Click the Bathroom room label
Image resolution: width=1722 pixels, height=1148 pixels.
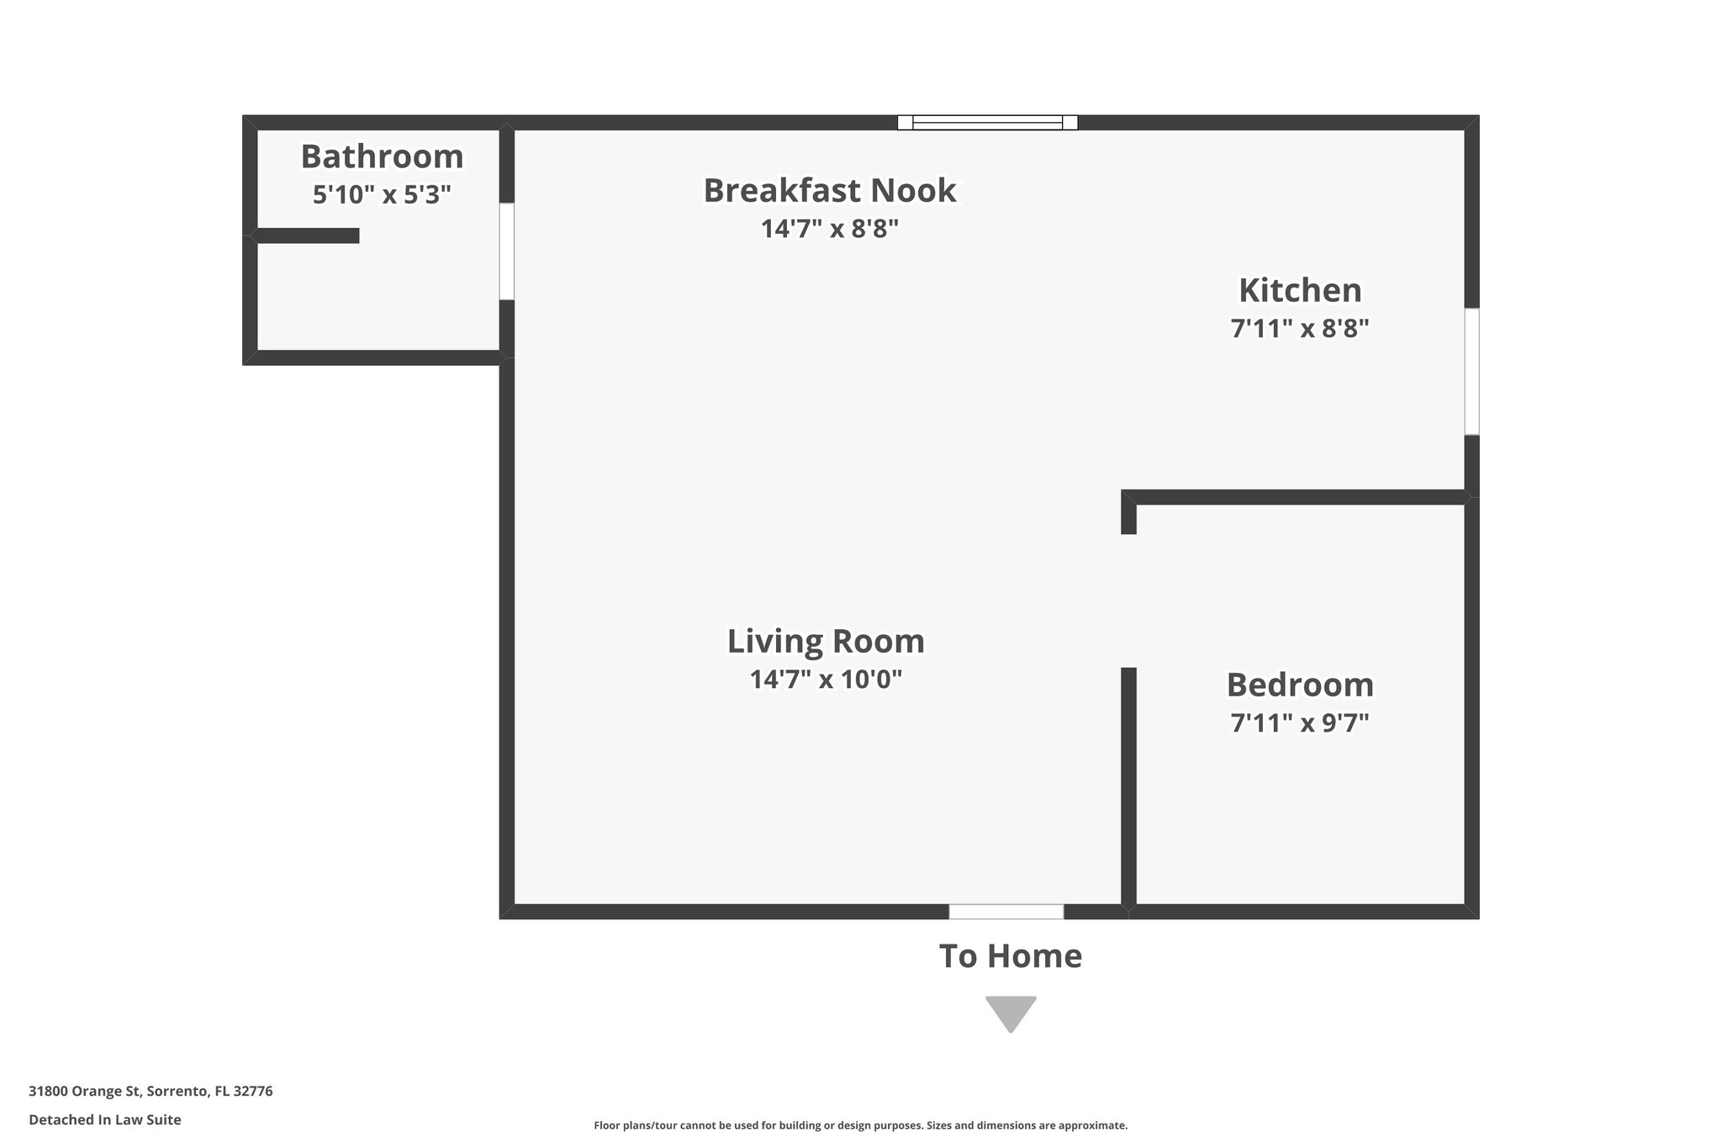pos(382,157)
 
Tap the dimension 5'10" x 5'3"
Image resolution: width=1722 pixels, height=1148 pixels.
pos(382,195)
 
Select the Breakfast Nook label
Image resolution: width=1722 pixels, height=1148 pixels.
pos(829,191)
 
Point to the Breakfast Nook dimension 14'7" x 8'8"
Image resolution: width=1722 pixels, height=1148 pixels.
pos(829,229)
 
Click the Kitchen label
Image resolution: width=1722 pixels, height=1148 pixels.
pos(1299,291)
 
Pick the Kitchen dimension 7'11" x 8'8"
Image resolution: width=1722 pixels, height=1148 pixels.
pos(1299,329)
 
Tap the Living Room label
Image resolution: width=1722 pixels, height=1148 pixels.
pos(826,642)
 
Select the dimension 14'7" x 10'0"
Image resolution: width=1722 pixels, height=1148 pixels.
pos(826,680)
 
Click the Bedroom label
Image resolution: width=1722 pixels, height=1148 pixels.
pos(1299,685)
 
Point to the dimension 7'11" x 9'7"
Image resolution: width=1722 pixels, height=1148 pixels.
pos(1299,723)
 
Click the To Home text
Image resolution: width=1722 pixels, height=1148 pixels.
pos(1010,957)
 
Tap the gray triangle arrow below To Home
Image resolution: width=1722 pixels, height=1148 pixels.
pos(1010,1011)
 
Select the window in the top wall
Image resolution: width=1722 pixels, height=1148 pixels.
pos(987,123)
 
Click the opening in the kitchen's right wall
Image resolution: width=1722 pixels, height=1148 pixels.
pos(1471,371)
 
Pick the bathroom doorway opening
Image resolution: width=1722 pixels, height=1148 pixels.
pos(506,251)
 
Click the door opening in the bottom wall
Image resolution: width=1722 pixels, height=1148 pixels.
pos(1006,912)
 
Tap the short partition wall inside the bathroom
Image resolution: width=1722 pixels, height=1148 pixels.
pos(308,236)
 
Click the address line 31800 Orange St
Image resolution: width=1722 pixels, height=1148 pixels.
pos(151,1092)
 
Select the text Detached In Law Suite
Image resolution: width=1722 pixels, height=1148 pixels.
pos(105,1120)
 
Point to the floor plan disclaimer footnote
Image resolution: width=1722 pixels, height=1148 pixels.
pos(860,1125)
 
